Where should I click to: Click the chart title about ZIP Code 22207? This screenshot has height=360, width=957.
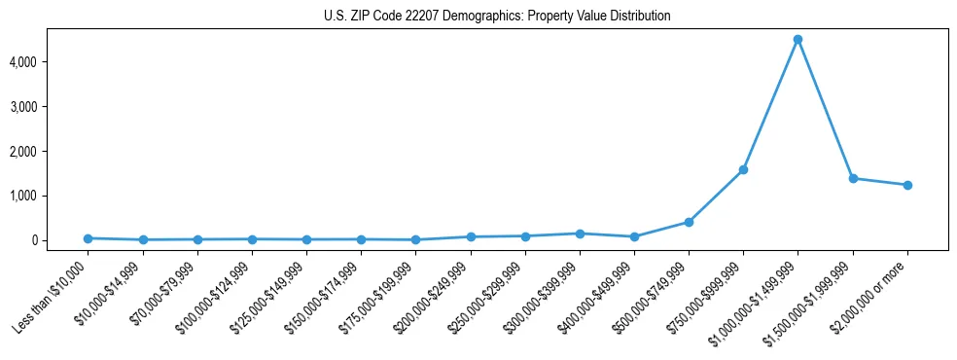point(497,16)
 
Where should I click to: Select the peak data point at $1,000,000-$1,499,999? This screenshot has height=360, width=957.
point(797,40)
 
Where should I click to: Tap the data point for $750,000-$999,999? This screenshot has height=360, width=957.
point(743,169)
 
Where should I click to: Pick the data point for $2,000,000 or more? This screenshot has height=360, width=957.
point(907,185)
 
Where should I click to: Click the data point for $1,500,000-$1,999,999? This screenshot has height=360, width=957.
point(853,178)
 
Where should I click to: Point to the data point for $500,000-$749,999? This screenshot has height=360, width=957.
point(689,222)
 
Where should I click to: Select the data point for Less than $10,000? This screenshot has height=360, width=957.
point(88,238)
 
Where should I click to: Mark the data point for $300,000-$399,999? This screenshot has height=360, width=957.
point(580,234)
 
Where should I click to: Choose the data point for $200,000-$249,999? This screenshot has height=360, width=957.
point(471,236)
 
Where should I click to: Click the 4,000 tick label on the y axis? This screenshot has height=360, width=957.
point(51,62)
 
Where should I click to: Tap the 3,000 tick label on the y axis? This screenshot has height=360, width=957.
point(51,107)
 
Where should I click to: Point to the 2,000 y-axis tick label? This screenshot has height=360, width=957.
point(51,152)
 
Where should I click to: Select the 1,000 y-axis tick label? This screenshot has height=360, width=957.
point(51,196)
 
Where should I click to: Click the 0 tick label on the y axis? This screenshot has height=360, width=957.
point(60,240)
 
